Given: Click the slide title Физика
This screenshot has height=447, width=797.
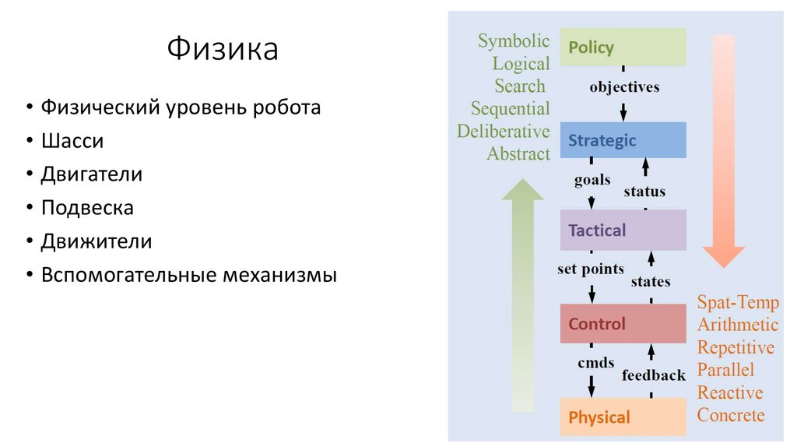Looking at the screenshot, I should [223, 50].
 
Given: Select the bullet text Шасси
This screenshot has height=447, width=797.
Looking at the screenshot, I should [72, 141].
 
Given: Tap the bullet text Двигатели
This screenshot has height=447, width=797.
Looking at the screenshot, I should [91, 174].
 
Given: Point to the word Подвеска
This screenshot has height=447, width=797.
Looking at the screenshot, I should [87, 208].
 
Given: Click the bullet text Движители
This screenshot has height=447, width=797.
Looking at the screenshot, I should [96, 241].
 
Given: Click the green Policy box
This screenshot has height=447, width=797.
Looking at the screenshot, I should [623, 48].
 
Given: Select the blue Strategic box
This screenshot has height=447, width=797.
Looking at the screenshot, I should [623, 141].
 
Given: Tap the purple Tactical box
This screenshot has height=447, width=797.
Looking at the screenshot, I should [623, 231].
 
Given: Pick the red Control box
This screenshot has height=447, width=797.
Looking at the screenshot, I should [623, 324].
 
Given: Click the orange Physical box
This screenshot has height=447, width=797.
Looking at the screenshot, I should [623, 417].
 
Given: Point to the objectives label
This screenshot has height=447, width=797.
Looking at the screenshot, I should [624, 86].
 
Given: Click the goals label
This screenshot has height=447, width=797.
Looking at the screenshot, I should [592, 180].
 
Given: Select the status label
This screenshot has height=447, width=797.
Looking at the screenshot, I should [644, 192].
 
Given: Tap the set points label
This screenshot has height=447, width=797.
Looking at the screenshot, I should [591, 269].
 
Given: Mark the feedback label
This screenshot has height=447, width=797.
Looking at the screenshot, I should [654, 375].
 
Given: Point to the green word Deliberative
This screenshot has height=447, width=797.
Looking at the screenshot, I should [504, 131].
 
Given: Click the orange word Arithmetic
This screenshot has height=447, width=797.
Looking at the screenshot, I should [737, 325].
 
